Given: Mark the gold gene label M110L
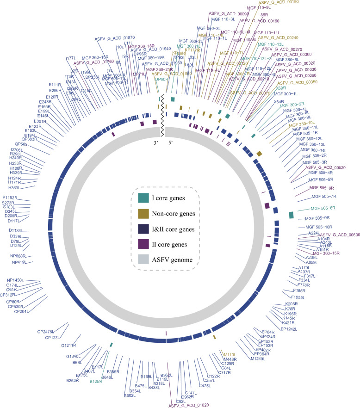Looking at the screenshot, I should coord(230,354).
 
